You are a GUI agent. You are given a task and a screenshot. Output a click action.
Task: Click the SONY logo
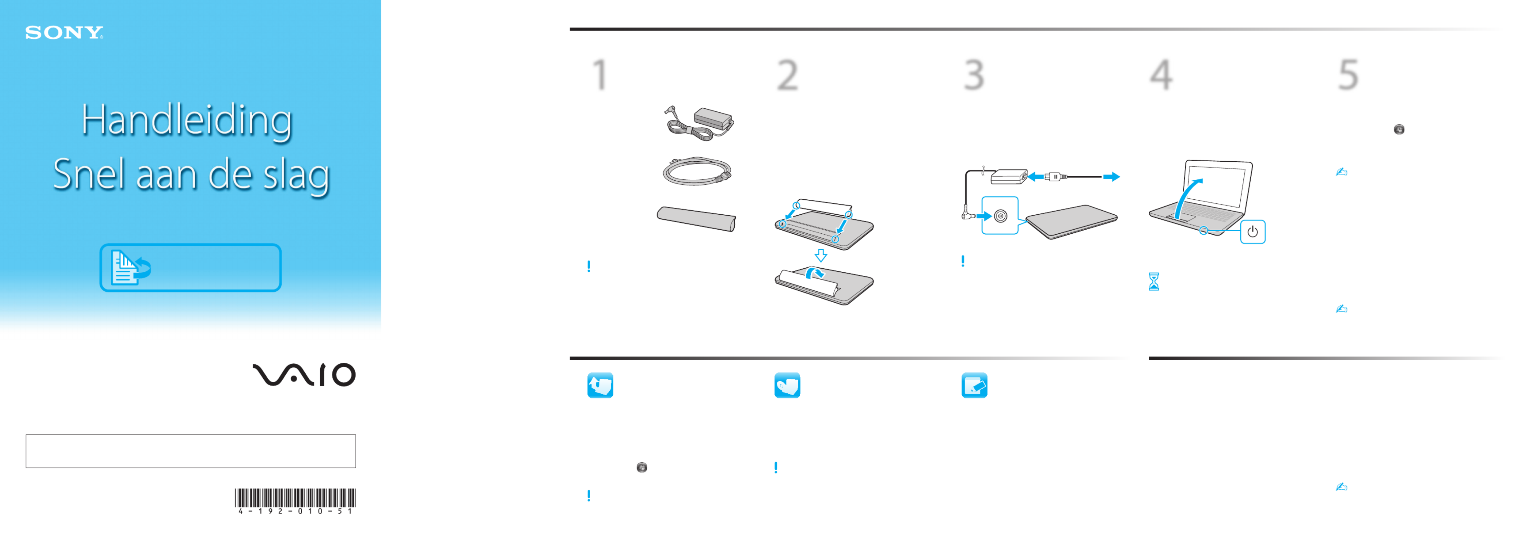[x=64, y=33]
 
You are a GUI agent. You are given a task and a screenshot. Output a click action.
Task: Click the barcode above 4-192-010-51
[x=295, y=498]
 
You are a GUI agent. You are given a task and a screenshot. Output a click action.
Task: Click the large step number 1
[x=600, y=75]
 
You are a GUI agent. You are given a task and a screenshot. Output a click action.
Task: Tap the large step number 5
[x=1348, y=75]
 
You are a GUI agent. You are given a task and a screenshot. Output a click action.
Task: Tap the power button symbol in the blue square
[x=1253, y=232]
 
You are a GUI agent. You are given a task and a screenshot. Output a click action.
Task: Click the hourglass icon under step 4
[x=1154, y=281]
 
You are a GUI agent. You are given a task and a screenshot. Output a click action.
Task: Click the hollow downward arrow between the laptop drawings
[x=821, y=255]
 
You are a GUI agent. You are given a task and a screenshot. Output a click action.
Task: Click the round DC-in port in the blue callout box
[x=1001, y=216]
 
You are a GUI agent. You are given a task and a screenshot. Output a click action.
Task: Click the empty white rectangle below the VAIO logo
[x=191, y=451]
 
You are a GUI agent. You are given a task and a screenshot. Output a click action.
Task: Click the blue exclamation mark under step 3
[x=963, y=261]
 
